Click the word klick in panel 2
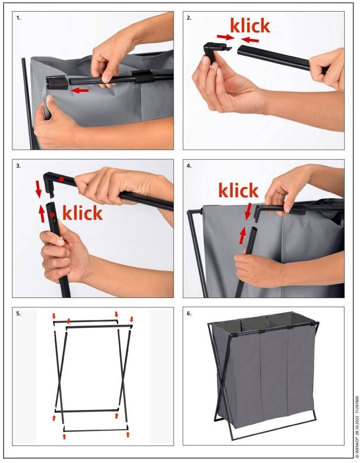250,26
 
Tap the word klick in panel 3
83,213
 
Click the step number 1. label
19,18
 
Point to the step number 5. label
19,313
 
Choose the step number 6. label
189,313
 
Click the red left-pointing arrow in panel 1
80,90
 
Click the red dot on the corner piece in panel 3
61,179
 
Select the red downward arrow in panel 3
39,189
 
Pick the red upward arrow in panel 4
242,235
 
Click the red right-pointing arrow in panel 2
225,37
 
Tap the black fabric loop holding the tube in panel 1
143,77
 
